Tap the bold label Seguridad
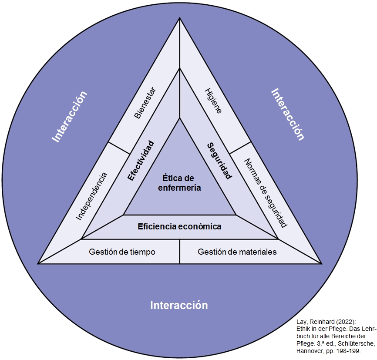pyautogui.click(x=219, y=161)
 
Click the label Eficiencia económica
pyautogui.click(x=179, y=227)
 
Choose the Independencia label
pyautogui.click(x=91, y=196)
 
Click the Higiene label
pyautogui.click(x=213, y=101)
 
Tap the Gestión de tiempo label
pyautogui.click(x=122, y=252)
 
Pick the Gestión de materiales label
pyautogui.click(x=237, y=252)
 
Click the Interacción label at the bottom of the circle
pyautogui.click(x=179, y=305)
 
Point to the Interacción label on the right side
pyautogui.click(x=287, y=114)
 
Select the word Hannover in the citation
pyautogui.click(x=310, y=351)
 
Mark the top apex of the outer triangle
pyautogui.click(x=180, y=18)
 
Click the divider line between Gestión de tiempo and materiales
pyautogui.click(x=180, y=252)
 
